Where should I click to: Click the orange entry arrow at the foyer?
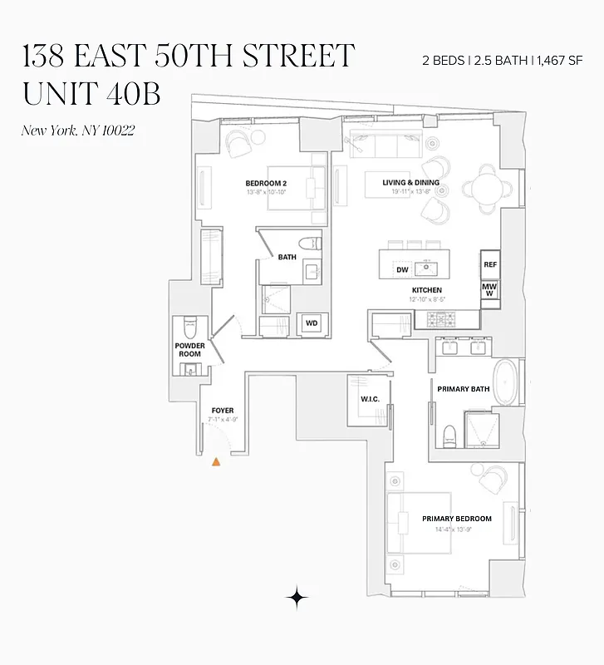[x=216, y=461]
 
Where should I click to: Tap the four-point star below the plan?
[x=297, y=597]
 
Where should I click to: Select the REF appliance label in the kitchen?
[x=490, y=264]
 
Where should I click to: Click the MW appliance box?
[x=490, y=289]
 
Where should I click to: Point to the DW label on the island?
[x=402, y=269]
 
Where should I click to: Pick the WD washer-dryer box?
[x=312, y=323]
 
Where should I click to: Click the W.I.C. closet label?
[x=370, y=399]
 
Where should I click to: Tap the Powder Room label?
[x=189, y=350]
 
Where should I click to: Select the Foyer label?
[x=222, y=411]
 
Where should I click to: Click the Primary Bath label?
[x=463, y=388]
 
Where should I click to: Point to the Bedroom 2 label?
[x=266, y=183]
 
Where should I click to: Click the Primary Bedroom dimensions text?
[x=456, y=529]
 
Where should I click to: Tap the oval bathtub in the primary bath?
[x=506, y=382]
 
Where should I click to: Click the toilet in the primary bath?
[x=449, y=435]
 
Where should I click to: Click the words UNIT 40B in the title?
[x=91, y=94]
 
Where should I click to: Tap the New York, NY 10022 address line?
[x=77, y=131]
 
